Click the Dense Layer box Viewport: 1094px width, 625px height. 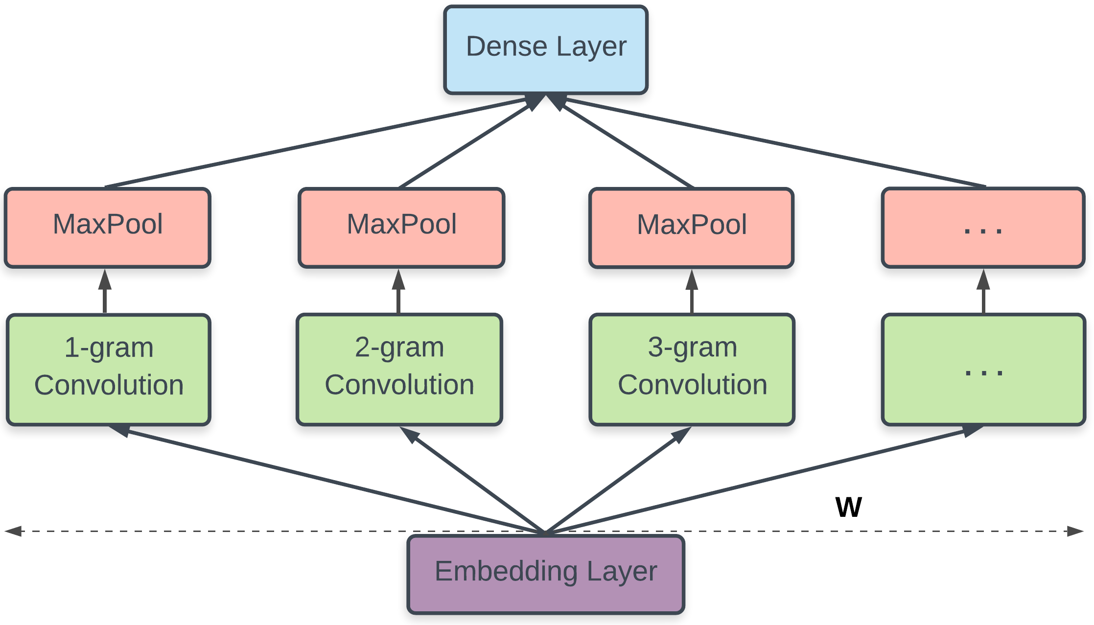coord(546,49)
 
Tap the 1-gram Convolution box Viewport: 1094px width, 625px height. coord(109,370)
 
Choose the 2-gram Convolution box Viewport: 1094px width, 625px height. coord(399,370)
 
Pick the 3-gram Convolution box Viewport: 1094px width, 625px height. coord(692,370)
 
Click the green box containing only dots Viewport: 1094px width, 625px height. coord(984,370)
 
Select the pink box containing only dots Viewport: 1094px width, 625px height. coord(983,228)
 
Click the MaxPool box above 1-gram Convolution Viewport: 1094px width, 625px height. coord(108,228)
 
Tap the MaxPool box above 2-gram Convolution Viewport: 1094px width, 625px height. coord(401,228)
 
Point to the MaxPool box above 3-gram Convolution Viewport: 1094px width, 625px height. coord(692,228)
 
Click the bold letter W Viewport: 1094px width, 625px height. coord(848,507)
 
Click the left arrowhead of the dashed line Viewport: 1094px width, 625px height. coord(13,531)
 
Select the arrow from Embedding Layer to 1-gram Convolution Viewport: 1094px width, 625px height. coord(323,479)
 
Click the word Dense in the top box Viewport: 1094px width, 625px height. coord(506,47)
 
